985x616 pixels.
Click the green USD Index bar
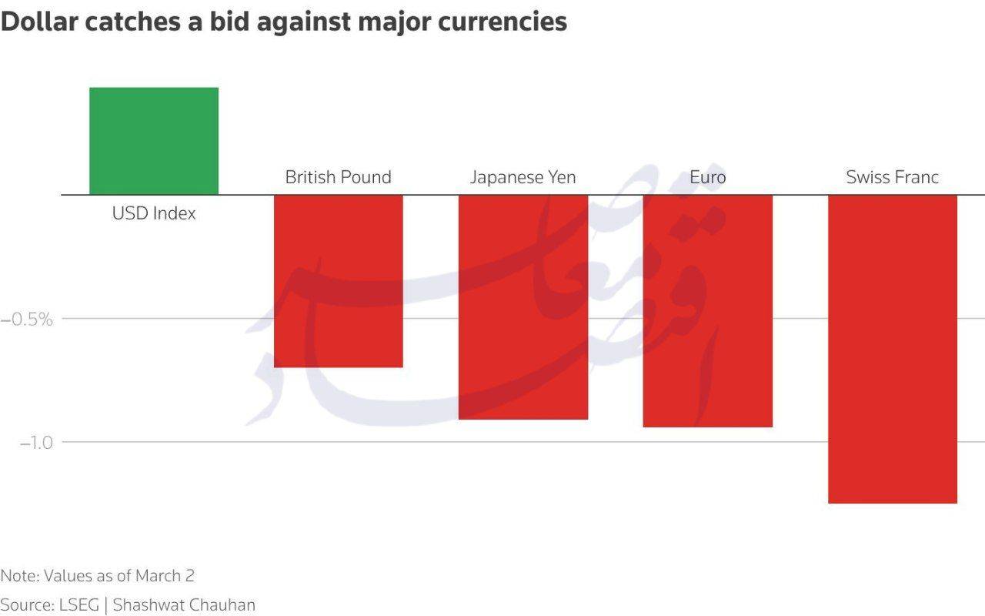[x=154, y=141]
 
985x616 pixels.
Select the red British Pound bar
[x=339, y=281]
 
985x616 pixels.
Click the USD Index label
[x=154, y=213]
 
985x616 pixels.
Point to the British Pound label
[x=339, y=177]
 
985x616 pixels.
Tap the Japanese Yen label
[x=523, y=177]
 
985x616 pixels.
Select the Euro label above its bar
[x=708, y=177]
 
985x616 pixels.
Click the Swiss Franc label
[x=893, y=177]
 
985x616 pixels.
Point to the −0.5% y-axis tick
[x=27, y=319]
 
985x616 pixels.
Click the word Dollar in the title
[x=38, y=22]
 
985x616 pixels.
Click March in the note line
[x=159, y=576]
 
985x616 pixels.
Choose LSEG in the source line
[x=78, y=605]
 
